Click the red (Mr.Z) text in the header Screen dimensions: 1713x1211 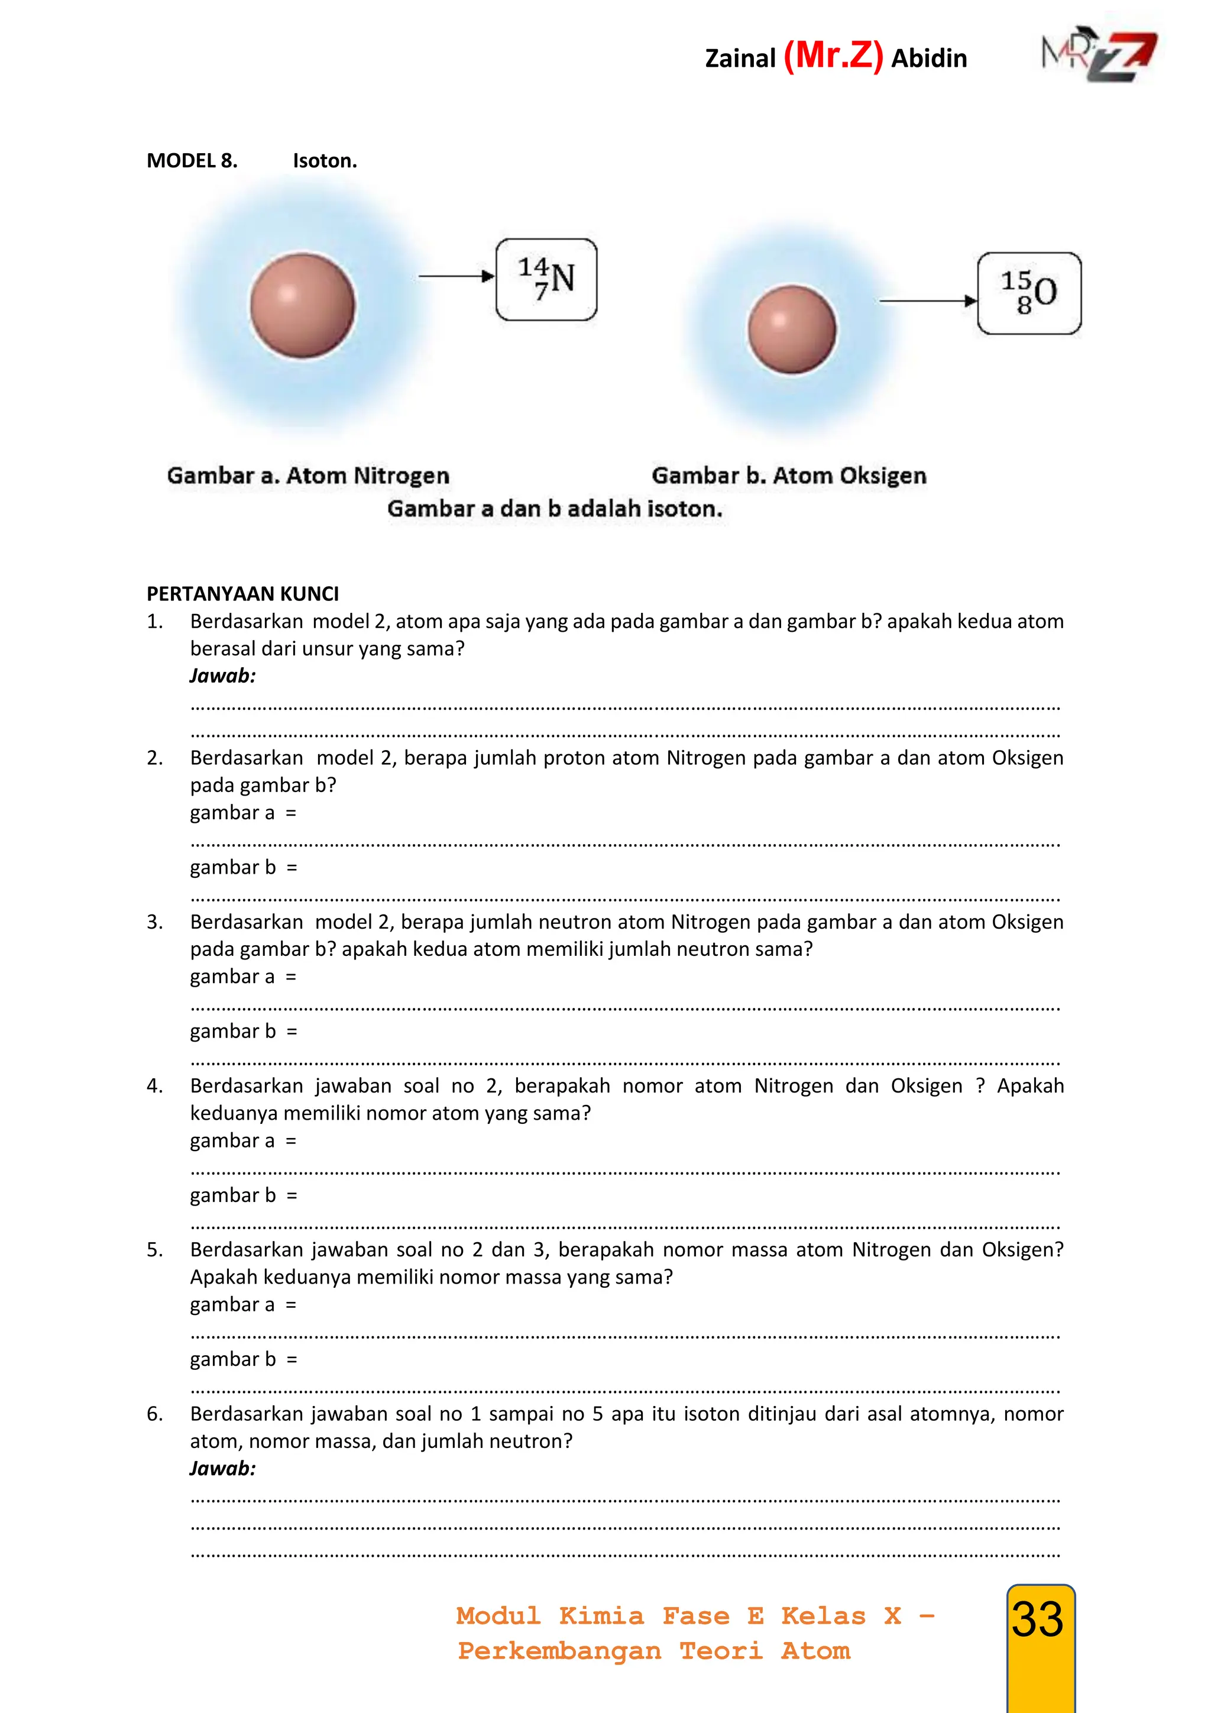tap(833, 56)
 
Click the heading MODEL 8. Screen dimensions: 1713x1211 tap(192, 160)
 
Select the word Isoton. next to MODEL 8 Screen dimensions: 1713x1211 tap(325, 160)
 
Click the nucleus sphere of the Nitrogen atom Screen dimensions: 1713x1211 tap(302, 305)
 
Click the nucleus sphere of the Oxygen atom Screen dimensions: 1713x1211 tap(792, 329)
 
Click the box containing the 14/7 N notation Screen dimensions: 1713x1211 tap(546, 279)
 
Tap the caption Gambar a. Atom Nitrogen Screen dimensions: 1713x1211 tap(308, 475)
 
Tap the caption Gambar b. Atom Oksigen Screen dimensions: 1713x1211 tap(788, 475)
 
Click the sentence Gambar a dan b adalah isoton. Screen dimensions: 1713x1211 tap(554, 509)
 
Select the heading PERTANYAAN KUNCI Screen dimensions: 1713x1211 tap(242, 594)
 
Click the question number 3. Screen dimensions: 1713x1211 tap(154, 922)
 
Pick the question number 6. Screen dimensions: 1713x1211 tap(154, 1414)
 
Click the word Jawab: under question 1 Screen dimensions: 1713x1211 tap(222, 676)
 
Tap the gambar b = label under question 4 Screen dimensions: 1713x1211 tap(243, 1195)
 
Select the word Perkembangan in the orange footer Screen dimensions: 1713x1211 tap(559, 1651)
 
